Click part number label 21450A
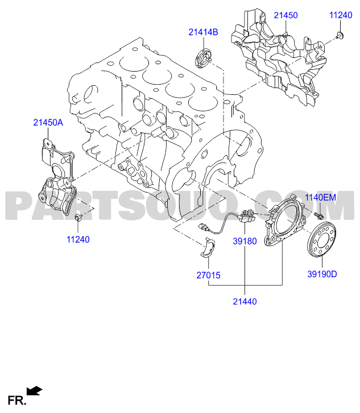point(48,123)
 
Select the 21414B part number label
point(203,32)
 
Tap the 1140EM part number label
point(320,197)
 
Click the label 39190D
point(322,274)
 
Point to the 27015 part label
point(208,276)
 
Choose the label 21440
point(245,301)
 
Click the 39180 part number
point(245,241)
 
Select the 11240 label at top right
point(341,15)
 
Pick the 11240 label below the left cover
point(78,239)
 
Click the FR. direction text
point(17,401)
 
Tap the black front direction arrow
point(34,391)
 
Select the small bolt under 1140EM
point(318,216)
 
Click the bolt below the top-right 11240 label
point(340,35)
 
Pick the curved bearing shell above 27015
point(208,247)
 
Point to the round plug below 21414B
point(204,58)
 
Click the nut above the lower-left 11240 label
point(78,218)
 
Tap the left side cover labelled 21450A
point(57,177)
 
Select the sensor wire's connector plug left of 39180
point(204,227)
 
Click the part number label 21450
point(285,15)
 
